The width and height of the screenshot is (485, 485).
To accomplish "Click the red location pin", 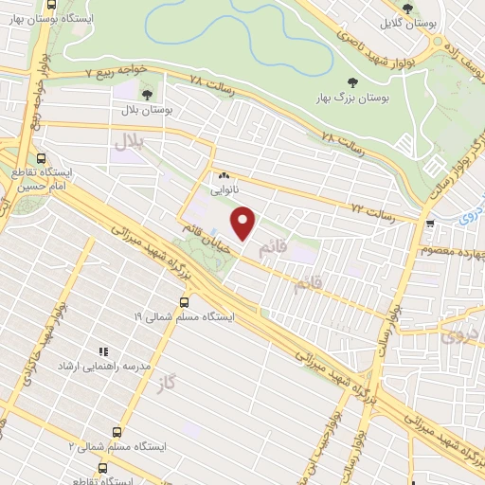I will [244, 225].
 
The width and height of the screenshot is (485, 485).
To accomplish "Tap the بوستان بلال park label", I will [146, 111].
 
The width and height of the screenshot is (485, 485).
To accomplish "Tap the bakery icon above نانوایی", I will [225, 176].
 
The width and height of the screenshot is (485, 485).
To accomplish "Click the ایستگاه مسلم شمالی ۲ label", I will [118, 445].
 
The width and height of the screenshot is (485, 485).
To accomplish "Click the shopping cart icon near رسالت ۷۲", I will [431, 225].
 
